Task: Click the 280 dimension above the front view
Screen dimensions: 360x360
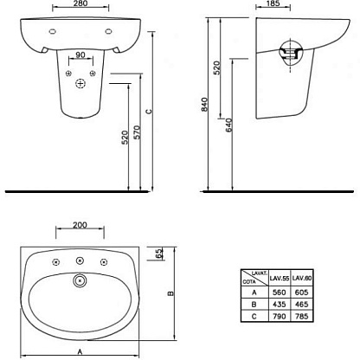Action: click(80, 3)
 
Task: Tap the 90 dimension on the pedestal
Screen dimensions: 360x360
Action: click(80, 55)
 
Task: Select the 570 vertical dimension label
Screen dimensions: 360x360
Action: click(138, 132)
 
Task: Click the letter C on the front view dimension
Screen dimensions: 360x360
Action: click(149, 112)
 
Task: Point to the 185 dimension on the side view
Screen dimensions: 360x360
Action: click(273, 3)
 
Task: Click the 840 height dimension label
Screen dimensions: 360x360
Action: click(204, 105)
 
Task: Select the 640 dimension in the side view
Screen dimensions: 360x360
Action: click(228, 125)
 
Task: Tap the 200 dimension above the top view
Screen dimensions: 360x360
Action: click(80, 225)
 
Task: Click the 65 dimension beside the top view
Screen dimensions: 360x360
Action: click(159, 254)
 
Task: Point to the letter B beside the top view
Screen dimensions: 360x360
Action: click(170, 293)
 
